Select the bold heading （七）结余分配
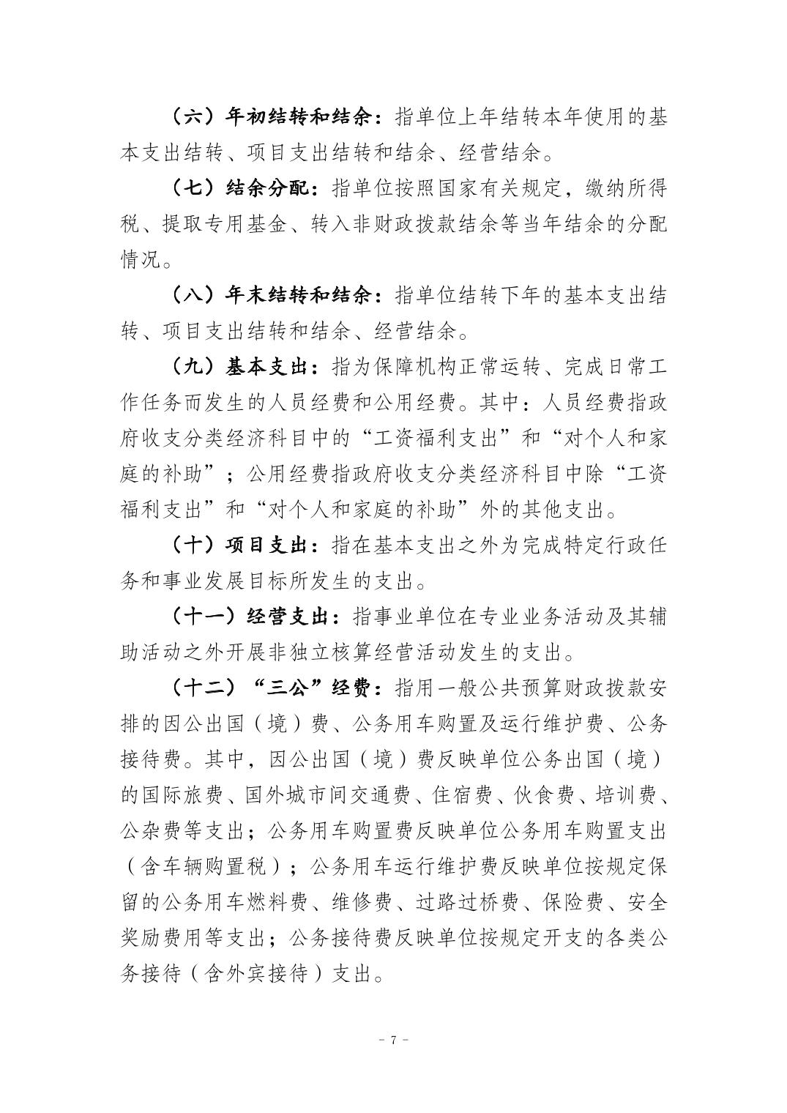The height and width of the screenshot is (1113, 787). point(245,188)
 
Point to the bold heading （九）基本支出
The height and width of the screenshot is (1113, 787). point(245,367)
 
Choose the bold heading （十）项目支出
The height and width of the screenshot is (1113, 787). point(245,546)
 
